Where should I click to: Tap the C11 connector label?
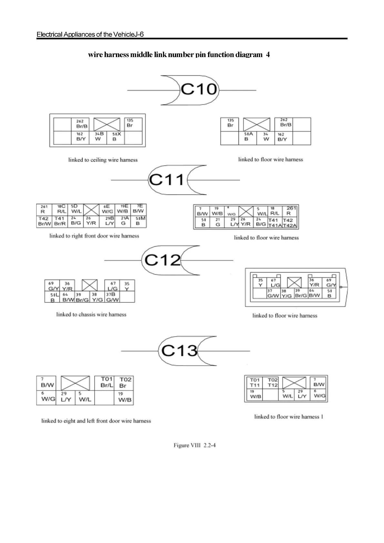point(167,180)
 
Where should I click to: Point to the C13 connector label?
point(179,350)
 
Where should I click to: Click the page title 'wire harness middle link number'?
point(179,54)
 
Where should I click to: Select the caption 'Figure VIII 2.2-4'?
point(195,445)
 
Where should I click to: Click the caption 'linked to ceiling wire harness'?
point(103,160)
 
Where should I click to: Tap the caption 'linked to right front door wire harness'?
point(94,236)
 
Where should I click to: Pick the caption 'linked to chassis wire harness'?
point(91,314)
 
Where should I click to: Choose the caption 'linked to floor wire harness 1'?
point(289,417)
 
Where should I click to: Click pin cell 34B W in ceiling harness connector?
point(99,137)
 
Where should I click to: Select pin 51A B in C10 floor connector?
point(248,137)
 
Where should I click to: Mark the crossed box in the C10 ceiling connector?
point(106,124)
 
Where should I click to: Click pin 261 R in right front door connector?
point(44,209)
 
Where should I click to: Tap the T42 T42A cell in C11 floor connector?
point(289,223)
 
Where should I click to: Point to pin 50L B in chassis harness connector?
point(53,297)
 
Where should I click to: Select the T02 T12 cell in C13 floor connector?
point(272,382)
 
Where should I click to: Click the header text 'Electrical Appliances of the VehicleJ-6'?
point(90,34)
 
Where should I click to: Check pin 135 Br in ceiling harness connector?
point(133,123)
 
